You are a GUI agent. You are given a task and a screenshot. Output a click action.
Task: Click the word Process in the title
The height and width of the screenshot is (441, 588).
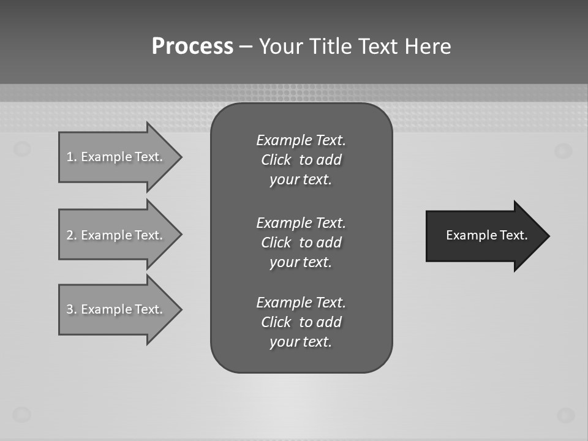tap(192, 47)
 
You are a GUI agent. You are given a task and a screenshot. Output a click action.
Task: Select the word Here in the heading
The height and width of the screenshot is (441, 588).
tap(428, 47)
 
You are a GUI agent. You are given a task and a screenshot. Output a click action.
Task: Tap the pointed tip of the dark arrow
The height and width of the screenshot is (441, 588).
tap(548, 236)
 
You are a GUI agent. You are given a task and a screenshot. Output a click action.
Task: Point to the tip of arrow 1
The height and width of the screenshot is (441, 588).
tap(180, 157)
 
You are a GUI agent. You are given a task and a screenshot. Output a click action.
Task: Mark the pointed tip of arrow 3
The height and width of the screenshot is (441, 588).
tap(180, 309)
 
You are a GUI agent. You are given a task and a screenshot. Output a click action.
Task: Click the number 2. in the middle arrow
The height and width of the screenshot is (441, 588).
tap(72, 235)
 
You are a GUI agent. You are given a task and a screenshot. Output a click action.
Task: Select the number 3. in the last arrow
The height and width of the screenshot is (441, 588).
tap(72, 309)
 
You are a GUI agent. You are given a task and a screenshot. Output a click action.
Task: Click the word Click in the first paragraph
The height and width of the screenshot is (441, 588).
tap(276, 160)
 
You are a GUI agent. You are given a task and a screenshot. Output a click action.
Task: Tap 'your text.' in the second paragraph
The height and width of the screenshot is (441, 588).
tap(301, 262)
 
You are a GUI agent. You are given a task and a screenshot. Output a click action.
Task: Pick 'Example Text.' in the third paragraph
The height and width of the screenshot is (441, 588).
tap(301, 303)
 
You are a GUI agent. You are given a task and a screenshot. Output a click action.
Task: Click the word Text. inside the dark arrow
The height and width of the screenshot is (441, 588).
tap(513, 235)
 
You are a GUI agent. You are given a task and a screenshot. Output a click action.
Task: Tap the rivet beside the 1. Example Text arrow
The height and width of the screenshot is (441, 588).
tap(22, 148)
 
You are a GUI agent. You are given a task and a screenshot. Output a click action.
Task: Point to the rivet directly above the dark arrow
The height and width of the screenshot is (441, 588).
tap(563, 150)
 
